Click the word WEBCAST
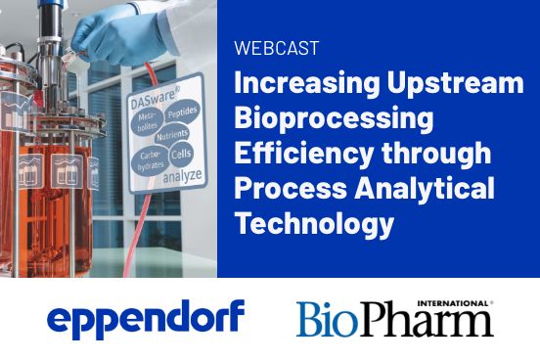pos(276,47)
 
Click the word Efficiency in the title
pos(295,156)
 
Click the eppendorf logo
pos(146,318)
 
